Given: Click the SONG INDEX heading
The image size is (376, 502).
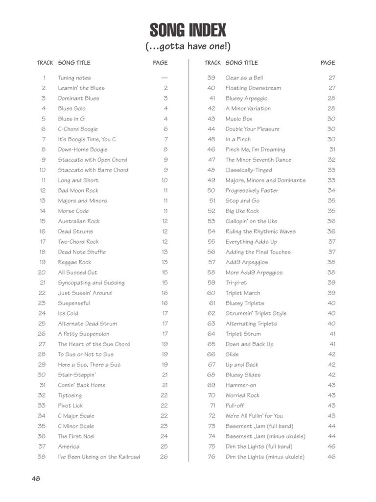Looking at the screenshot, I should tap(188, 30).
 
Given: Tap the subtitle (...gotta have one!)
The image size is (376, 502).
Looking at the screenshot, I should tap(188, 47).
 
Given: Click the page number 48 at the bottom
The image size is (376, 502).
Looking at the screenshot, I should tap(36, 478).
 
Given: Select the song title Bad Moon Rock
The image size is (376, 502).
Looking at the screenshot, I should tap(78, 190).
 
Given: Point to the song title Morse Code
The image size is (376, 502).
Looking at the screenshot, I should tap(73, 211).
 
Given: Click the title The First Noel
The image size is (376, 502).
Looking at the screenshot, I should tap(76, 436).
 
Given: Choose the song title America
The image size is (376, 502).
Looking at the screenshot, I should tap(69, 447).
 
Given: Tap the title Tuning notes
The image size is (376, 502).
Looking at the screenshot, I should tap(74, 78).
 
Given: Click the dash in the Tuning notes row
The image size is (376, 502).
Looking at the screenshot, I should tap(164, 78).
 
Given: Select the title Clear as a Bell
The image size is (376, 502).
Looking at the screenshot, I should tap(244, 78).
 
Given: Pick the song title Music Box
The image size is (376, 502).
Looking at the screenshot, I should tap(239, 119).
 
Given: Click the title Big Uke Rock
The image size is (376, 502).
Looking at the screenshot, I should tap(242, 211).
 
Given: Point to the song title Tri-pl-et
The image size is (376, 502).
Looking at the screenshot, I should tap(236, 283).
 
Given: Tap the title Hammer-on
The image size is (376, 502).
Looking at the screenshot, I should tap(240, 385).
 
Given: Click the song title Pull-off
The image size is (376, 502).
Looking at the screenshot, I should tap(235, 405).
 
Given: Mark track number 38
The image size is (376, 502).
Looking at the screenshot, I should tap(42, 457).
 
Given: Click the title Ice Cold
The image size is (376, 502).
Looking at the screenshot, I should tap(69, 313).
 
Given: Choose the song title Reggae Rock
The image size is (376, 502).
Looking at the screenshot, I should tap(74, 262).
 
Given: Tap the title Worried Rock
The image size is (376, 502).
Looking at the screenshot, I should tap(242, 395).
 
